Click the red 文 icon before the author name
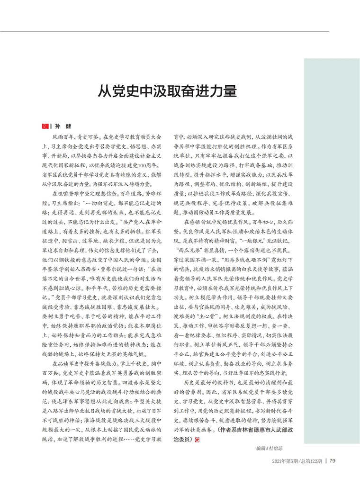[x=45, y=126]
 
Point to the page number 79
[x=333, y=460]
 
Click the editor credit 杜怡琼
[x=279, y=447]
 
